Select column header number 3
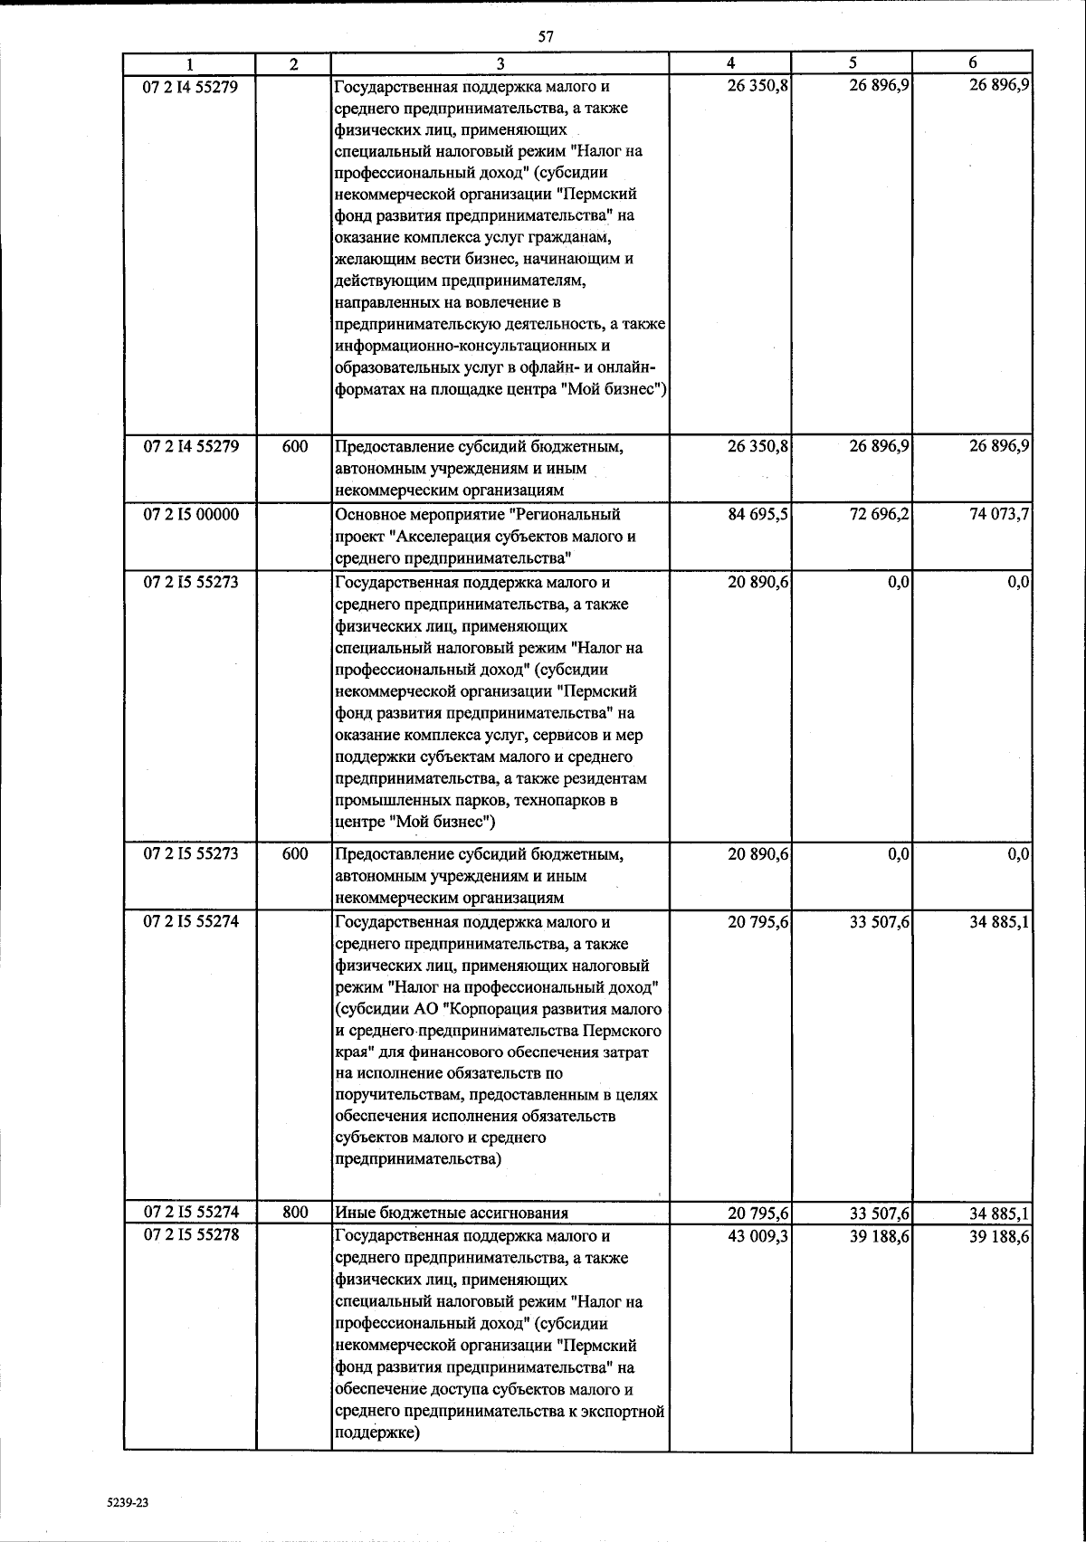(500, 63)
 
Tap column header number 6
(972, 63)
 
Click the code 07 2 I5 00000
(191, 514)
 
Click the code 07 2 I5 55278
(191, 1235)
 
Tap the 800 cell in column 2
(294, 1213)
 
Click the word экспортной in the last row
(626, 1412)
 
